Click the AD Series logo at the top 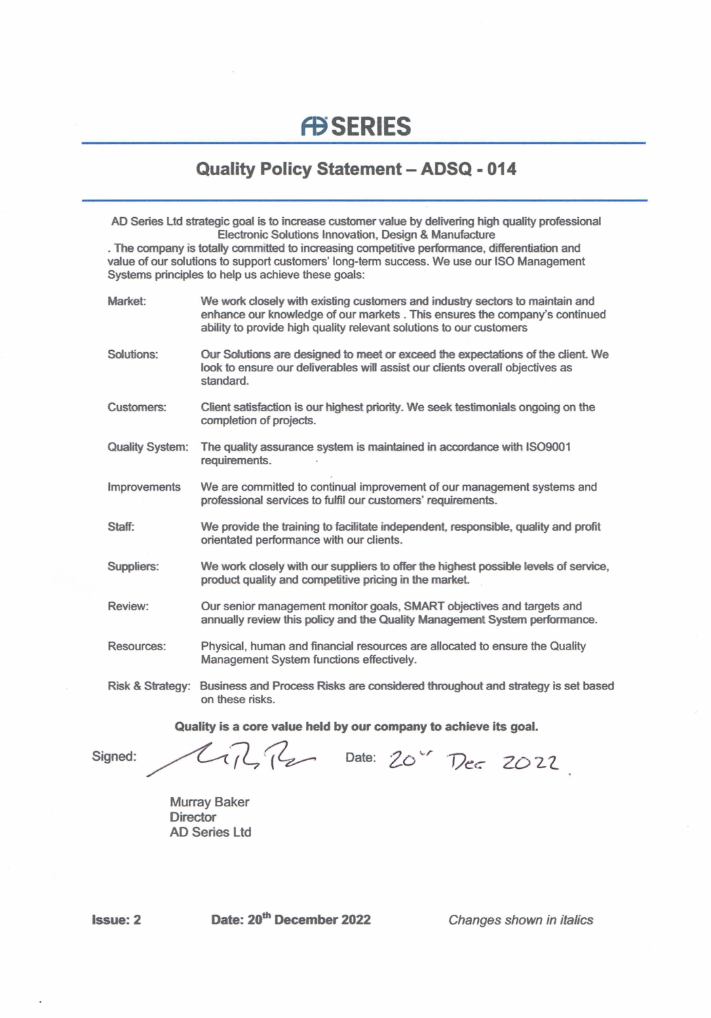355,126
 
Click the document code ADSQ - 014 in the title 468,169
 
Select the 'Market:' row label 127,301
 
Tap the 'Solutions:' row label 132,354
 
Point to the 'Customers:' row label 136,407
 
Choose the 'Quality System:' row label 148,447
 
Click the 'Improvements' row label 144,487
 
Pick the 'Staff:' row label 121,527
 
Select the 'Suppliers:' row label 133,567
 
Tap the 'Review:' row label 128,607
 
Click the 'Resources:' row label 136,647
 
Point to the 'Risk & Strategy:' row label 149,686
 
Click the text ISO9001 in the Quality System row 548,447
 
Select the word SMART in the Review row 424,607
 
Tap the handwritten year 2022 531,763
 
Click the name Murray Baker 210,802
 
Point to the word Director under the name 193,817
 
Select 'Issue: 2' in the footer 117,920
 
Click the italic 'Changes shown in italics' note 520,920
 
